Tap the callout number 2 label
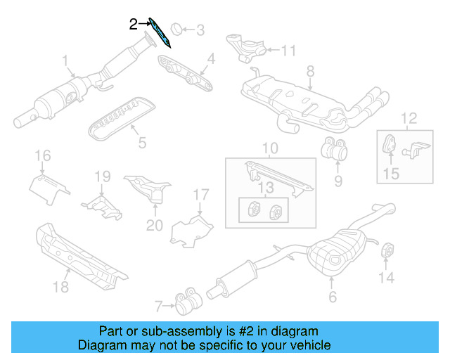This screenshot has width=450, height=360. pos(134,24)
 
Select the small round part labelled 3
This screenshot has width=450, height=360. pos(176,29)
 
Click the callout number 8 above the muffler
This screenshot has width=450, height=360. pos(309,70)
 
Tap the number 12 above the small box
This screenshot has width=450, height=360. pos(409,117)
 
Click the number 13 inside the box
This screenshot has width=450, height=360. pos(266,187)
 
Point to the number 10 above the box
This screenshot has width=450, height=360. pos(270,148)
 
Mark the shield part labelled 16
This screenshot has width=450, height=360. pos(49,185)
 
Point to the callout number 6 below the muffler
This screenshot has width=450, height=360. pos(332,297)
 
